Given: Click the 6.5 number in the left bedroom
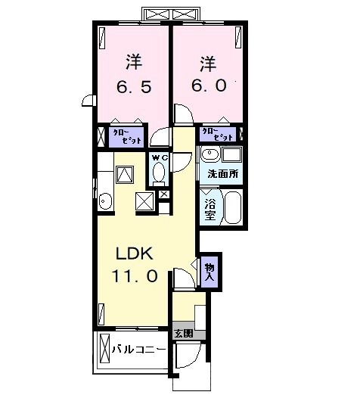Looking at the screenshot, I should (135, 86).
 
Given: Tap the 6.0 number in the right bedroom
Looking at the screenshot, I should (209, 86).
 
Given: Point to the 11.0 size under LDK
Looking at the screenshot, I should (136, 277).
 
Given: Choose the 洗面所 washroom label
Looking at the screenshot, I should (224, 174).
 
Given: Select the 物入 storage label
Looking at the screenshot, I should (209, 272).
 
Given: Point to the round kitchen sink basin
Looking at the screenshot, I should (104, 201).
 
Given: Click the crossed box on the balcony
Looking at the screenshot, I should (104, 350).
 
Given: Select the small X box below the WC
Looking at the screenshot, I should (163, 194).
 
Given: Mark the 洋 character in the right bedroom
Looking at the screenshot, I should (209, 61).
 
